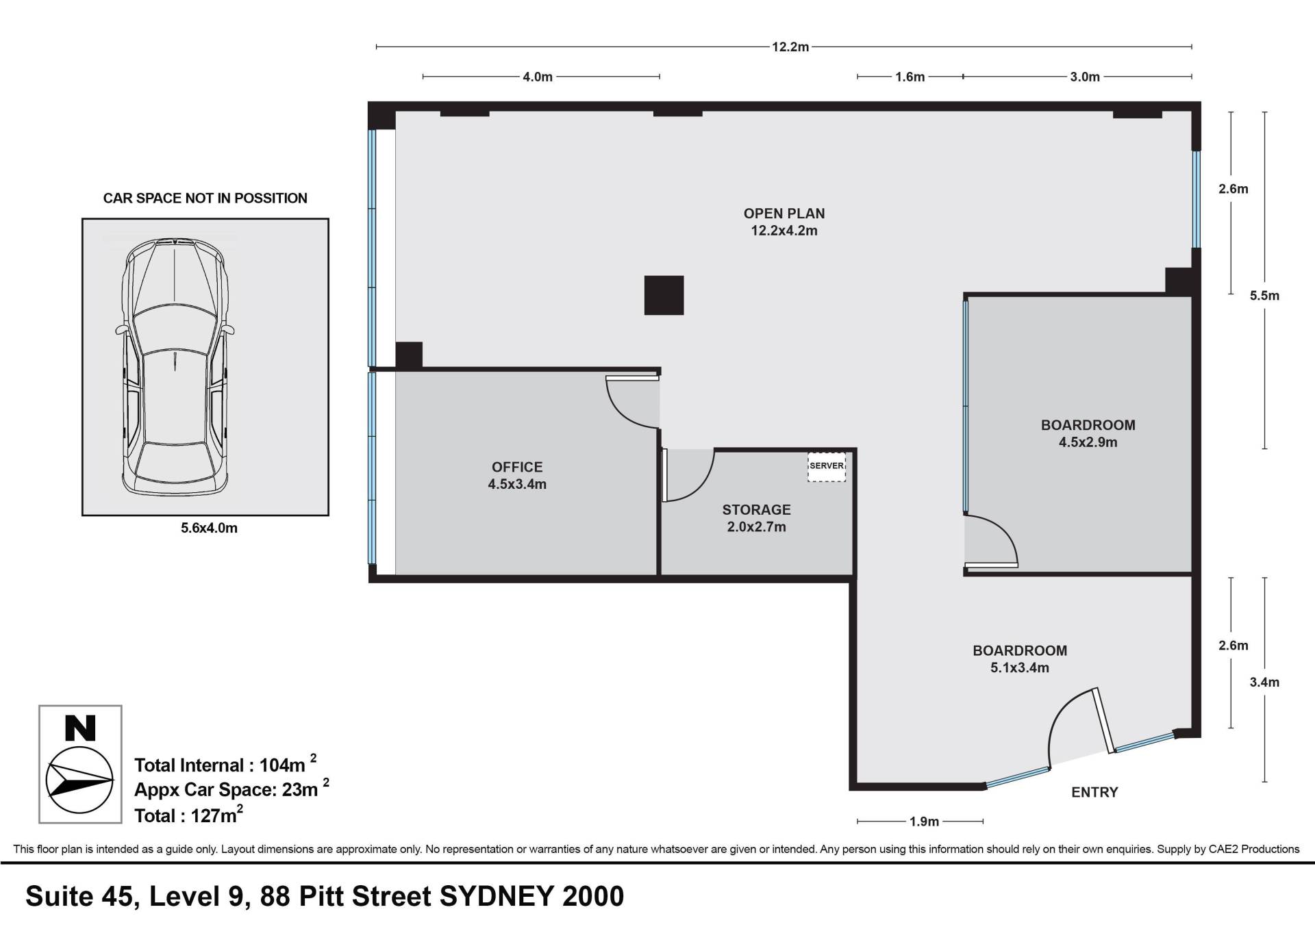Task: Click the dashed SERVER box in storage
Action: click(x=827, y=467)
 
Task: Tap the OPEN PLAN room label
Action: click(x=784, y=222)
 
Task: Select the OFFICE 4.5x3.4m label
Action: click(x=517, y=476)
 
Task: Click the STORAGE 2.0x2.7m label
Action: click(x=756, y=518)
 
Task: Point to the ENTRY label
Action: click(x=1094, y=792)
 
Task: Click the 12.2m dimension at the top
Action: click(x=790, y=47)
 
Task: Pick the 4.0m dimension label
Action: click(x=538, y=77)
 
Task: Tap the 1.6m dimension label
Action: click(x=910, y=77)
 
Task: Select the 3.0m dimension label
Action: click(x=1085, y=77)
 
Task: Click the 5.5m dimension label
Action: click(x=1264, y=296)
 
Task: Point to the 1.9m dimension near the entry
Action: click(x=924, y=822)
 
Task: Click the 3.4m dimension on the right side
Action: click(x=1264, y=682)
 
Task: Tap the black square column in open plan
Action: click(x=664, y=295)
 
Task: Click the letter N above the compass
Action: click(x=80, y=728)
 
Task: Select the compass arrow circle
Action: click(x=79, y=780)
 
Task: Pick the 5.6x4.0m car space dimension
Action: click(x=209, y=529)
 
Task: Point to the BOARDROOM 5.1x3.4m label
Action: click(x=1020, y=659)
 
